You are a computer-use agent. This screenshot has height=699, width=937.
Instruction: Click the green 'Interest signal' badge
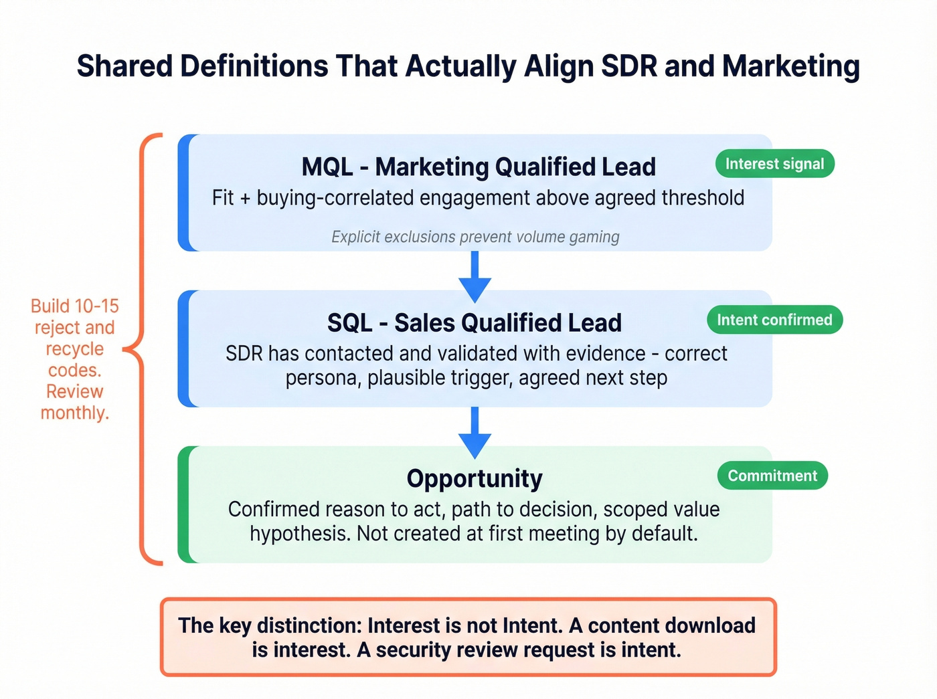pos(774,164)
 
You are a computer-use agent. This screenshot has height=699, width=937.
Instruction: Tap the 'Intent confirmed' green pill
pos(774,320)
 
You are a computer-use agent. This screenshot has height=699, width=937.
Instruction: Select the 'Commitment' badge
pos(772,476)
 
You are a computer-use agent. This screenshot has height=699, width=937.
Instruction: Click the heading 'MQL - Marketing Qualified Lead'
pos(479,167)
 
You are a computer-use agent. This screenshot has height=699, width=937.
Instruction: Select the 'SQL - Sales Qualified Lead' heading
pos(475,322)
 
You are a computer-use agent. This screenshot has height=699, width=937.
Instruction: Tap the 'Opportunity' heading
pos(475,478)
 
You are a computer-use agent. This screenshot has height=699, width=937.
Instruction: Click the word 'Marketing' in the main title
pos(790,66)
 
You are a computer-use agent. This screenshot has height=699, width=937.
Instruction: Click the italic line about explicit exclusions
pos(475,237)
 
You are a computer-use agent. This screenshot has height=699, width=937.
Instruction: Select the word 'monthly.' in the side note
pos(75,413)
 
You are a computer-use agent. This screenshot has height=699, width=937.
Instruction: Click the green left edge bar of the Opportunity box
pos(183,504)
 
